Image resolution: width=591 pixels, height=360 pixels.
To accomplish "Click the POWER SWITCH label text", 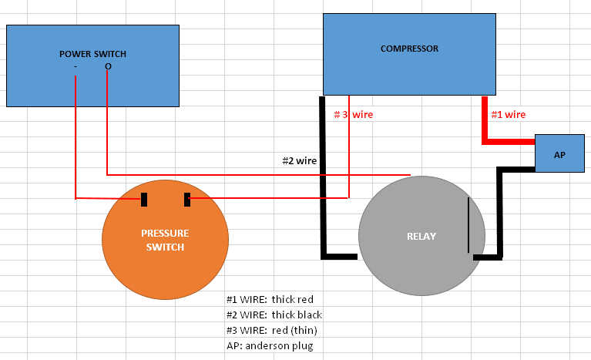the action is pos(92,54).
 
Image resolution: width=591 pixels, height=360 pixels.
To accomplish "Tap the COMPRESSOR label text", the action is pos(409,49).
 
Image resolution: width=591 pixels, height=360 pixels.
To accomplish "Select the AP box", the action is pos(559,153).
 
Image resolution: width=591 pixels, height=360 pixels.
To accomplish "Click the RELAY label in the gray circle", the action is pos(421,237).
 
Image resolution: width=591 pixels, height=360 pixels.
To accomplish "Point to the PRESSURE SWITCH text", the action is pos(165,240).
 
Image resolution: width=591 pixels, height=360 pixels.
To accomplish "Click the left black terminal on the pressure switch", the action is pos(144,200).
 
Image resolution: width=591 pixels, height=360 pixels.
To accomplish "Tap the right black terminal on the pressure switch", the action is pos(187,200).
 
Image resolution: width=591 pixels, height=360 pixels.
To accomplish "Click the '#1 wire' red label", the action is pos(509,115).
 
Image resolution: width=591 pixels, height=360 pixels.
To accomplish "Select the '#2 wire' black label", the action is pos(300,161).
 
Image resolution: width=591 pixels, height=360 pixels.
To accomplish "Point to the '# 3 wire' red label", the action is pos(354,115).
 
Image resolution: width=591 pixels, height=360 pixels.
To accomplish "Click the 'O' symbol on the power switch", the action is pos(108,67).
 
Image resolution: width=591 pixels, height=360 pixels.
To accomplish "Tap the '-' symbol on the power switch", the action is pos(76,67).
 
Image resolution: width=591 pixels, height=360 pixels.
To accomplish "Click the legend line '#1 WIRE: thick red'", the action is pos(270,299).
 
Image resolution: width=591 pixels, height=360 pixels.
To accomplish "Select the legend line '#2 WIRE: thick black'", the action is pos(274,315).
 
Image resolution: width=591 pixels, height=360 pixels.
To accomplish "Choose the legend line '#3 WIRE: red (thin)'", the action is pos(272,330).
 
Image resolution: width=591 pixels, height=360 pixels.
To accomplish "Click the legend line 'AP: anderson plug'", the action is pos(270,345).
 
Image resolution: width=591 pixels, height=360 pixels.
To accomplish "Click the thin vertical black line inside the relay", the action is pos(468,224).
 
